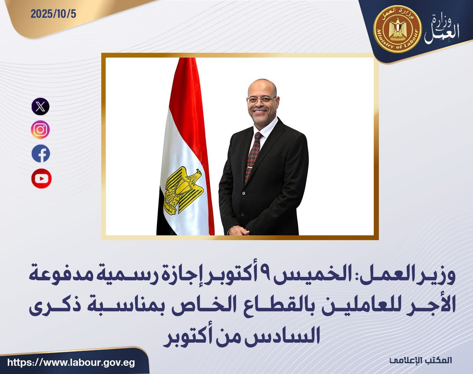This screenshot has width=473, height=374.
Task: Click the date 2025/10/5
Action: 53,14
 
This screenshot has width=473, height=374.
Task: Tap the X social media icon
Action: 41,106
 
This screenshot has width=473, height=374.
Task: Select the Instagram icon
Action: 41,130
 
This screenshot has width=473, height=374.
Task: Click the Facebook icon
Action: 41,154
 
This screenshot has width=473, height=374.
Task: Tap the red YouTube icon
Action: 41,178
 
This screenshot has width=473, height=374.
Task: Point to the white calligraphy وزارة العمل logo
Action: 442,30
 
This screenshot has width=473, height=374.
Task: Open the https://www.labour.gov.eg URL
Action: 71,362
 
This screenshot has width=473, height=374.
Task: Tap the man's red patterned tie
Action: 253,155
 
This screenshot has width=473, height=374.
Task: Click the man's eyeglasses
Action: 261,99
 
